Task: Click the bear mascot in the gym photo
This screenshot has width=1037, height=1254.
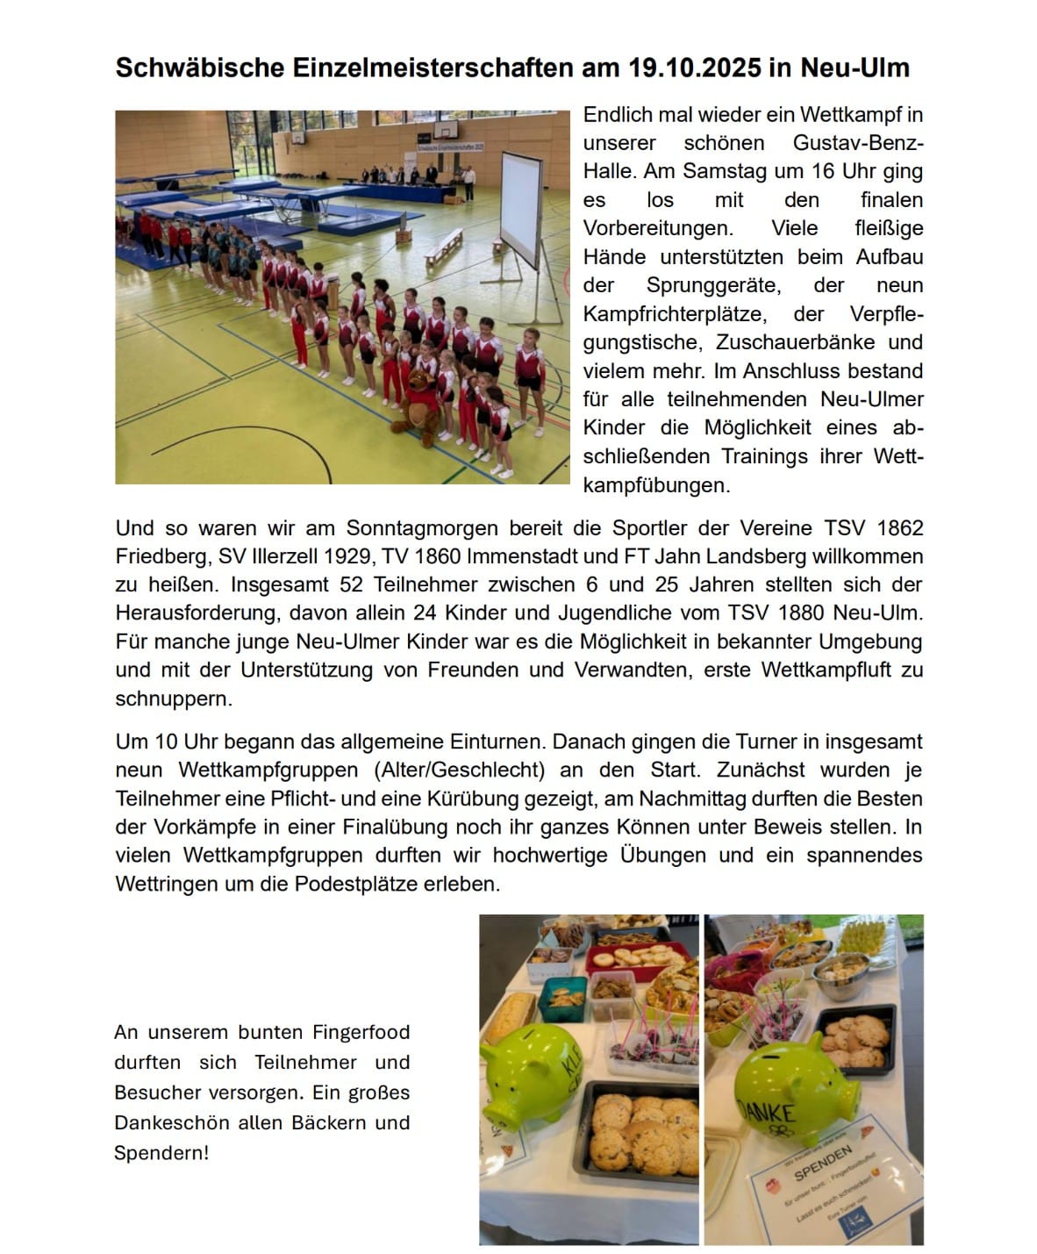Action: (x=417, y=399)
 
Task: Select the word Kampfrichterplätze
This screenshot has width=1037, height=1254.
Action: (x=674, y=314)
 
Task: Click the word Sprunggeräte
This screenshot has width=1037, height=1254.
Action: (x=711, y=286)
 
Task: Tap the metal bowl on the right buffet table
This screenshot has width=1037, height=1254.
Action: (x=840, y=970)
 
